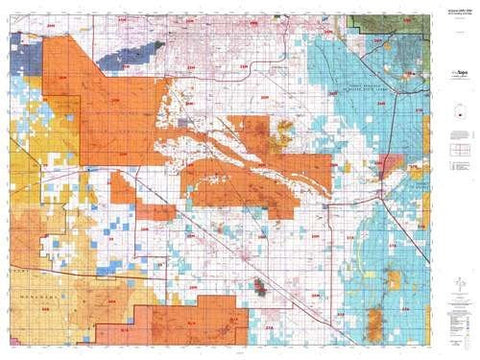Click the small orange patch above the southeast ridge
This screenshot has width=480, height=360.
click(x=378, y=296)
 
